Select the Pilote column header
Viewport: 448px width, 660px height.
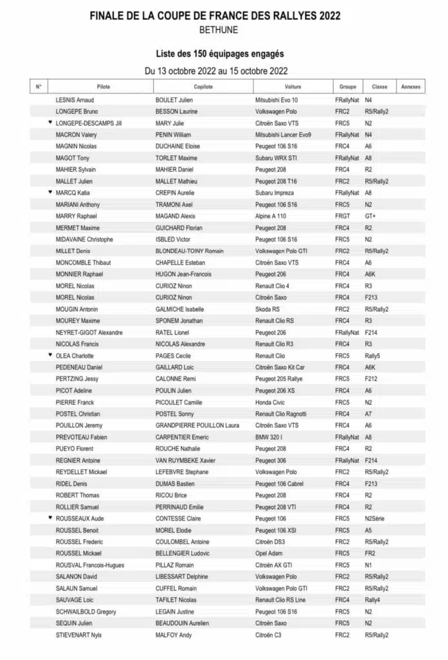click(103, 86)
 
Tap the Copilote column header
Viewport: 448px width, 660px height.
click(203, 86)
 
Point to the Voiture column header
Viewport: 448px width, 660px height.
click(293, 86)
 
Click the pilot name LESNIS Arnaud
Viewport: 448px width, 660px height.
click(75, 100)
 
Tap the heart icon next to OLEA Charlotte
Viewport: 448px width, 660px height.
click(50, 355)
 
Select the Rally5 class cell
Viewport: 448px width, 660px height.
click(373, 356)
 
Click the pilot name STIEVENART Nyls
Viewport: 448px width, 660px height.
click(79, 635)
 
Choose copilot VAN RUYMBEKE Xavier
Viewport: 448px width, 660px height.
click(185, 460)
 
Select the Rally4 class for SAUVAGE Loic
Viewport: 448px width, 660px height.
click(373, 599)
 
